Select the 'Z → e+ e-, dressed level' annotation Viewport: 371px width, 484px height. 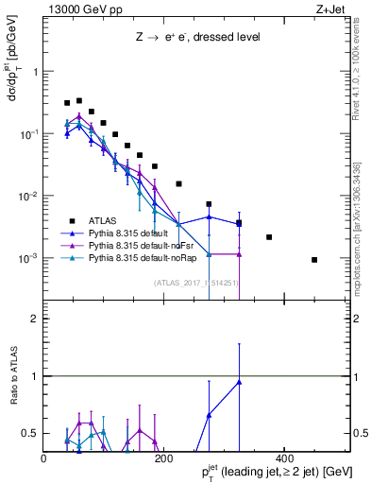point(197,38)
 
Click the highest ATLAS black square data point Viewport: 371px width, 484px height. point(79,100)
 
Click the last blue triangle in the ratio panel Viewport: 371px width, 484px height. point(239,382)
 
